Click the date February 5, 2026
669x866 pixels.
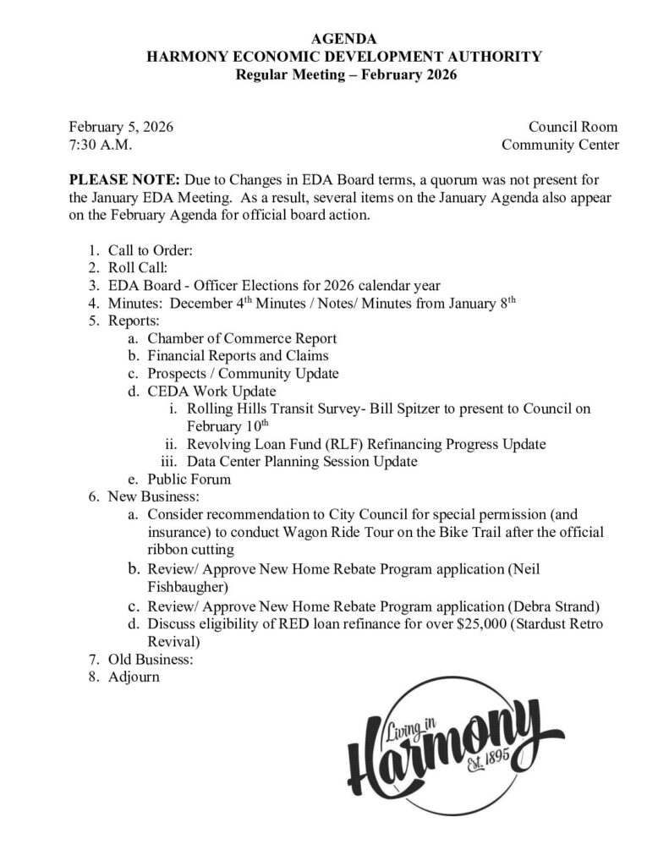click(121, 127)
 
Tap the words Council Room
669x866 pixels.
click(573, 127)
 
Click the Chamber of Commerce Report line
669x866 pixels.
click(241, 338)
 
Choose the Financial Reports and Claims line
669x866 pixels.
click(238, 356)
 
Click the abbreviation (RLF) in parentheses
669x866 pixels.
click(332, 444)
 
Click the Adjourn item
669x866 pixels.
click(134, 677)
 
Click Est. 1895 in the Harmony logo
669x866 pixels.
click(487, 764)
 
